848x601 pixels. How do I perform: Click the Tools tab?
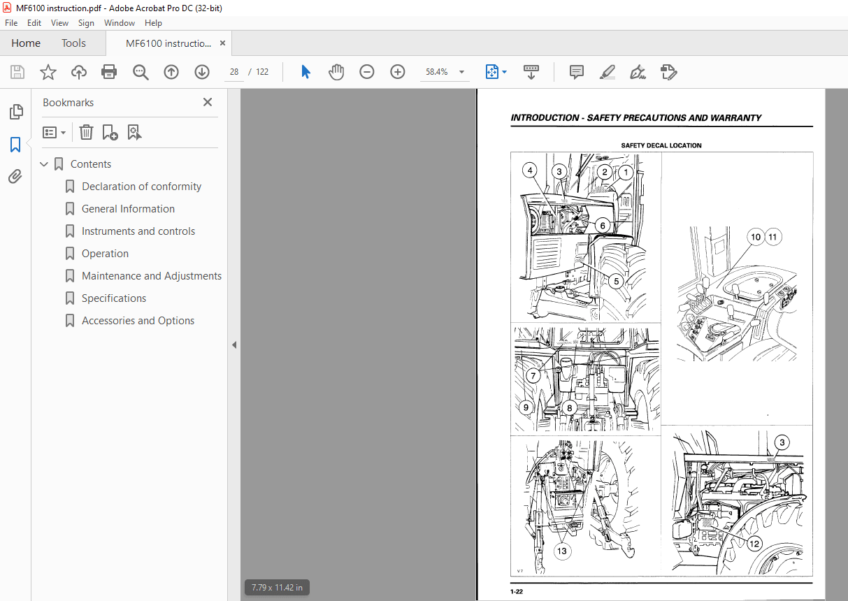tap(73, 43)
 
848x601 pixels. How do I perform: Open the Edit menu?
tap(34, 23)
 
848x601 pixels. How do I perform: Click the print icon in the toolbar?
tap(109, 72)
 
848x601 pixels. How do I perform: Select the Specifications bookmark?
tap(113, 298)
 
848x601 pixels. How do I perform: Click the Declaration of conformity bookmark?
tap(141, 187)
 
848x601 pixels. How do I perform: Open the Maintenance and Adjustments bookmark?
tap(151, 276)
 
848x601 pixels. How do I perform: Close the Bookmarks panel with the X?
tap(208, 102)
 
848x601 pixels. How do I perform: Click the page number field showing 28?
tap(234, 72)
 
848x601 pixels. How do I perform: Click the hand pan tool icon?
tap(336, 72)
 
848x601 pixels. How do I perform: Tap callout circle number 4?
tap(531, 170)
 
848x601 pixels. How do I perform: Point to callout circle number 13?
tap(562, 551)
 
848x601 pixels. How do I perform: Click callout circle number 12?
tap(754, 543)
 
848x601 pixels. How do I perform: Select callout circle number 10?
tap(756, 237)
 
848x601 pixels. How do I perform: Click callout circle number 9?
tap(526, 407)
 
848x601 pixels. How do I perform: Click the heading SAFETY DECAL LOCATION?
tap(661, 145)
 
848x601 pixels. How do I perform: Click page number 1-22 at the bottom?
tap(517, 592)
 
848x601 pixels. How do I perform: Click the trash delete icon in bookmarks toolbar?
tap(86, 132)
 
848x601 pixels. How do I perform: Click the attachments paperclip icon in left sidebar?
tap(15, 177)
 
